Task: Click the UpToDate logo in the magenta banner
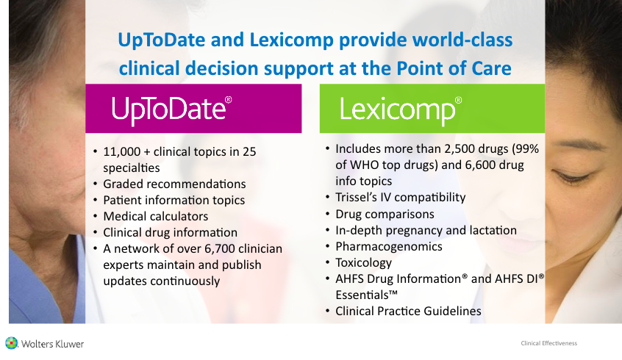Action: coord(172,109)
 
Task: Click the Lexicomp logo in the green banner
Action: coord(400,109)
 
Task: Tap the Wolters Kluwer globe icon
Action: coord(12,343)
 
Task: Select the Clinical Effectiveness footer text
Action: coord(549,343)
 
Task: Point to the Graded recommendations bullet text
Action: coord(174,184)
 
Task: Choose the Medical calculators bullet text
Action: coord(156,217)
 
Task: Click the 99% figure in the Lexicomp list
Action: coord(527,148)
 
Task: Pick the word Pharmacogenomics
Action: coord(389,247)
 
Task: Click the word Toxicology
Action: coord(364,263)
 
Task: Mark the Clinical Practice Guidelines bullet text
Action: coord(408,312)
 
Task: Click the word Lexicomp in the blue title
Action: coord(292,40)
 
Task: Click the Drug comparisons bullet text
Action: coord(385,214)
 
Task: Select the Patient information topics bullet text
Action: coord(174,201)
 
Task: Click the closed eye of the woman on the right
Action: coord(570,174)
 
